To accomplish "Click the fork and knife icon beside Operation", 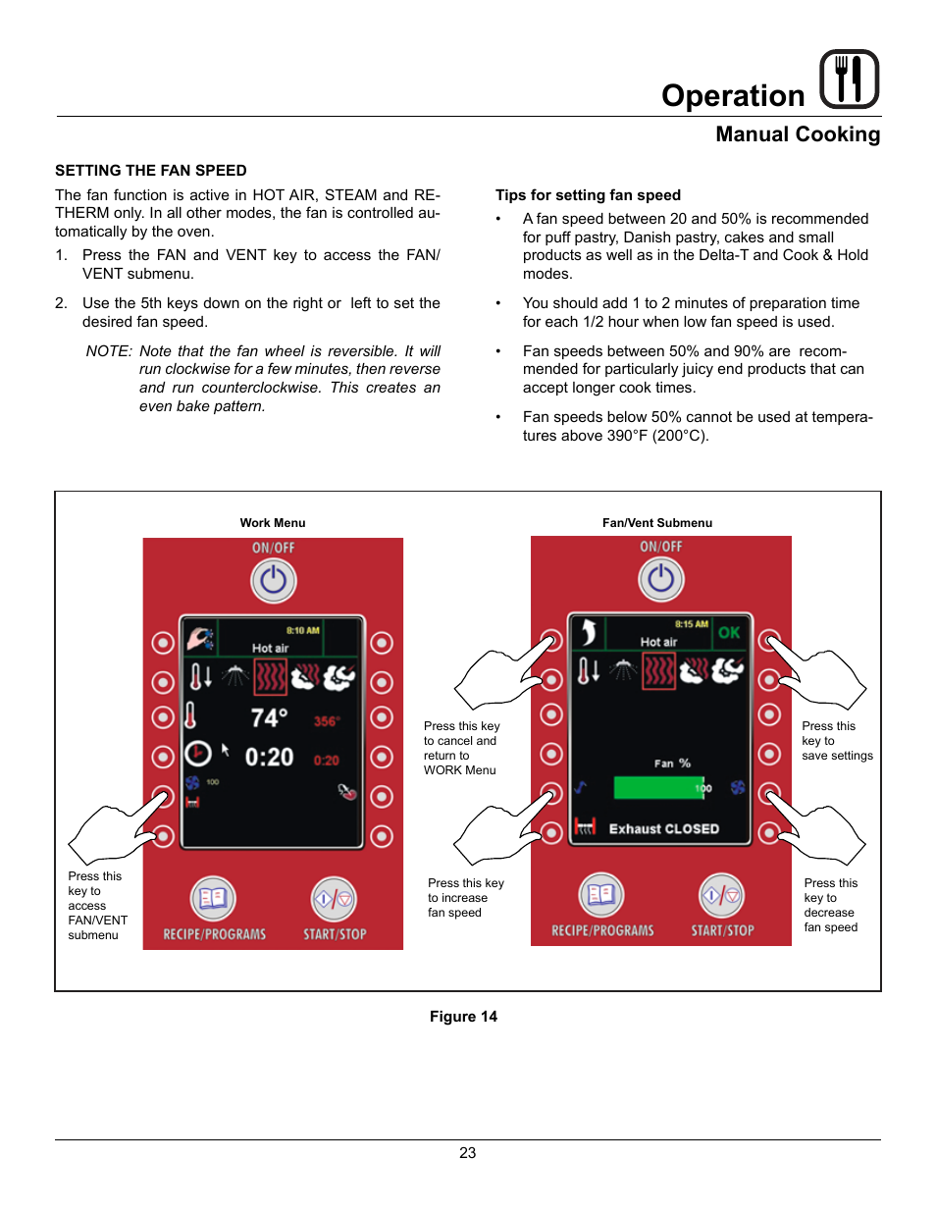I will (849, 79).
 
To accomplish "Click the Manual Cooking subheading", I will (797, 134).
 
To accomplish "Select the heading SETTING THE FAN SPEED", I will (151, 171).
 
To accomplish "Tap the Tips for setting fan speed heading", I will (588, 195).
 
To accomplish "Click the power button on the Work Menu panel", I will (274, 581).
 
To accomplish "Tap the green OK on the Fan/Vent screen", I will (729, 633).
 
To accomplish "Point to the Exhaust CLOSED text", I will (664, 829).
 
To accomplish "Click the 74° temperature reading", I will (269, 718).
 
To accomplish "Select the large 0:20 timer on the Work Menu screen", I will (269, 757).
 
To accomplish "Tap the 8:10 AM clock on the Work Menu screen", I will (302, 630).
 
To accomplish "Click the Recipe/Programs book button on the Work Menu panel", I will (213, 898).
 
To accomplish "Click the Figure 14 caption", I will (463, 1017).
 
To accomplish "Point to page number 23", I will (468, 1153).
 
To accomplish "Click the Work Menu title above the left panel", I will (273, 523).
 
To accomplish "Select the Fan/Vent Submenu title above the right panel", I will (657, 523).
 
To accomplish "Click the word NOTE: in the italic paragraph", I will (109, 351).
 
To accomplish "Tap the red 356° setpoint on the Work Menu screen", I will (327, 721).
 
